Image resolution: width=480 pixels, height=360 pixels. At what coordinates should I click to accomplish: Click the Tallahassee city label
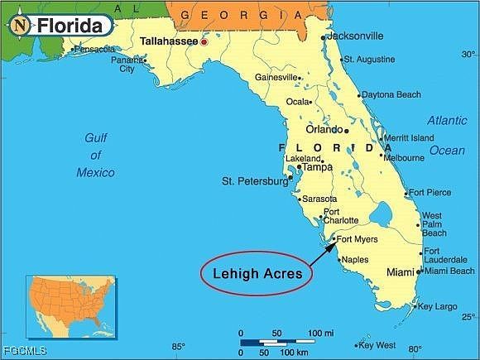point(168,40)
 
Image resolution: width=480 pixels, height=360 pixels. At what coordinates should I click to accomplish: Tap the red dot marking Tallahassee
point(204,41)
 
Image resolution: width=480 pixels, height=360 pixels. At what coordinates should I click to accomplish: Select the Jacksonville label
point(355,36)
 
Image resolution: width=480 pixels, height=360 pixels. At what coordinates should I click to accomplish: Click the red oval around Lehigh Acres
point(256,272)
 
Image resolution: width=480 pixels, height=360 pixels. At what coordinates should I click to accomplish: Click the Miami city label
point(401,271)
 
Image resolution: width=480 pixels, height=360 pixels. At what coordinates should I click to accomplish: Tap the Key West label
point(378,345)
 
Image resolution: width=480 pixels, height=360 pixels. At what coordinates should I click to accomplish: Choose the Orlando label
point(324,129)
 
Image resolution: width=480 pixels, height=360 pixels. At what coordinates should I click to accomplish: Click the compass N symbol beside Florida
point(20,26)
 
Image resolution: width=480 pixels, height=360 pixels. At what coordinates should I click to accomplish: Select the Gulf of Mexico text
point(96,155)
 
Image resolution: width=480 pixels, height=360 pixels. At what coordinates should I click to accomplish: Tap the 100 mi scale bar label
point(321,333)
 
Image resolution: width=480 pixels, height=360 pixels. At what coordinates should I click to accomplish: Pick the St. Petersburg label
point(254,180)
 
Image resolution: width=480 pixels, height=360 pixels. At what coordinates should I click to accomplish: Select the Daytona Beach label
point(391,94)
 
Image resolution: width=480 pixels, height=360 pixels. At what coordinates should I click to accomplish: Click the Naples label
point(355,259)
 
